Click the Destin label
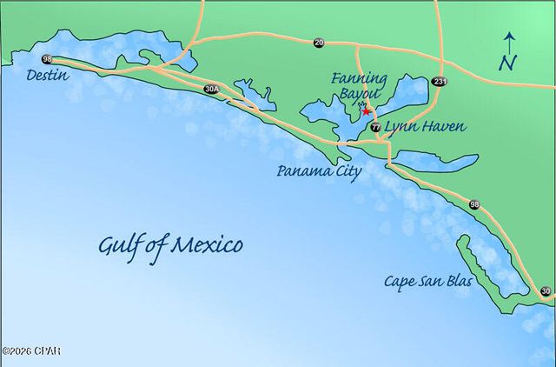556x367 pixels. click(x=48, y=76)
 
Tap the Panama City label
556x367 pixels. click(x=319, y=170)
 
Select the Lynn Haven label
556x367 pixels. click(x=425, y=127)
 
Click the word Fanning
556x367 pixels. click(x=359, y=79)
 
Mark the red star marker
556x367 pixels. click(x=366, y=111)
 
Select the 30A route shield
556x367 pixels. click(x=212, y=89)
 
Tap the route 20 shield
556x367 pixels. click(x=319, y=42)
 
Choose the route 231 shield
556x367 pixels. click(x=441, y=82)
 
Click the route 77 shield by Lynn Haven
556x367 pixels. click(x=374, y=127)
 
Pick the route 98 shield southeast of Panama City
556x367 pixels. click(x=473, y=204)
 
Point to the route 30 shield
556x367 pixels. click(x=545, y=291)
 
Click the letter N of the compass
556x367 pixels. click(x=509, y=63)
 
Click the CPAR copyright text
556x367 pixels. click(x=31, y=350)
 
